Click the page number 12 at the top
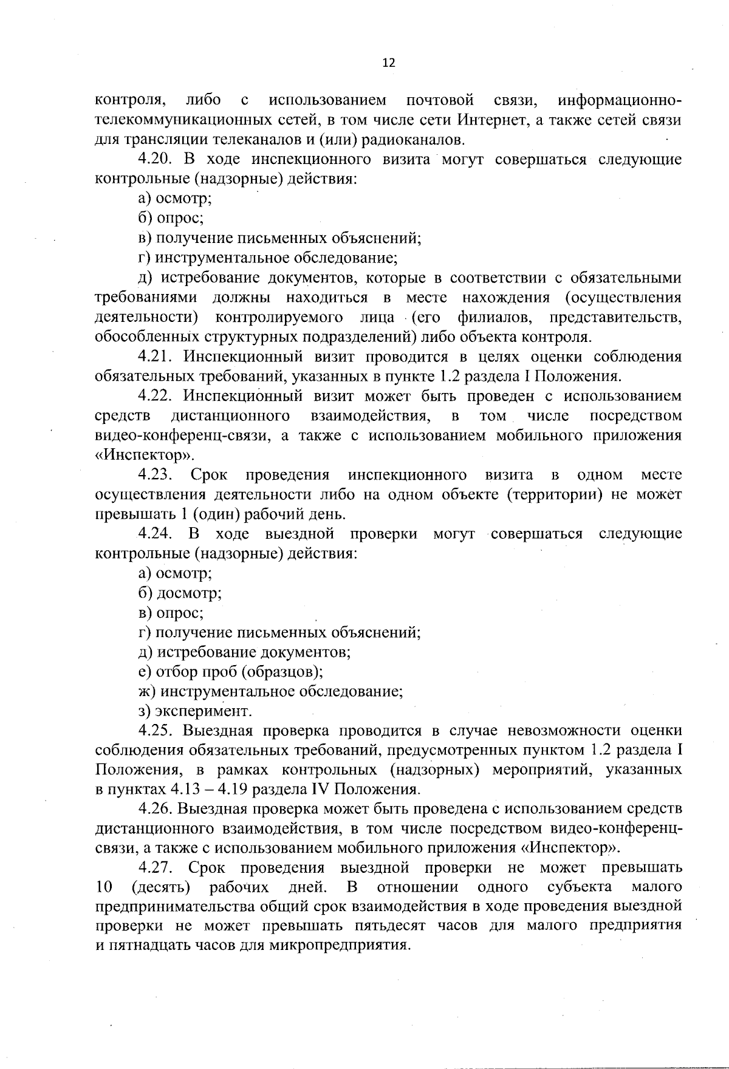tap(389, 63)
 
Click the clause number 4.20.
tap(156, 160)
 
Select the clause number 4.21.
tap(156, 357)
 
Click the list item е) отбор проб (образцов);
tap(230, 672)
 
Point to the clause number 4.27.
tap(156, 867)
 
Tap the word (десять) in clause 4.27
tap(160, 887)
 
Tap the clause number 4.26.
tap(156, 809)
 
